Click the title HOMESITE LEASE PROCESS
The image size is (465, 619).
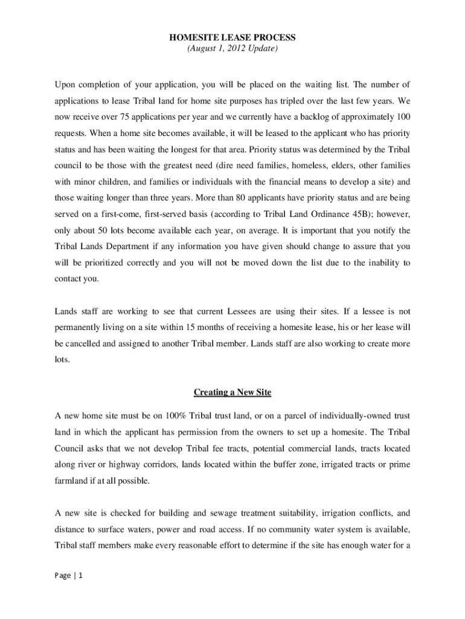[232, 38]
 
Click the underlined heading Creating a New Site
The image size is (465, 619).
[232, 393]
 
